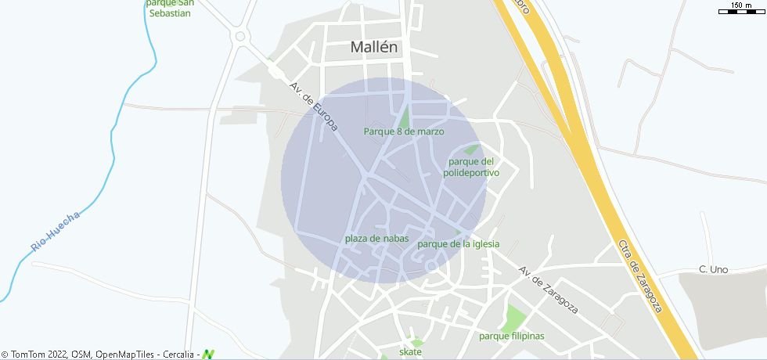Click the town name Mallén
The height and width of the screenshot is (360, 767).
tap(374, 47)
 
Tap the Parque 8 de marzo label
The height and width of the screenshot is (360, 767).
tap(404, 131)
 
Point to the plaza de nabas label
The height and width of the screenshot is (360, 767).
tap(376, 239)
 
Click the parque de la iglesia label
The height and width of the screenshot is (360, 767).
tap(459, 244)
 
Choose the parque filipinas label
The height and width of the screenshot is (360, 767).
tap(511, 337)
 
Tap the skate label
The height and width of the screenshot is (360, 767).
tap(410, 352)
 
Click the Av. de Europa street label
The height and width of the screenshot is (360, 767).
tap(313, 106)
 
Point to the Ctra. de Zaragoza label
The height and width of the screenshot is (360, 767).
tap(639, 275)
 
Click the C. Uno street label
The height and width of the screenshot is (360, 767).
tap(713, 270)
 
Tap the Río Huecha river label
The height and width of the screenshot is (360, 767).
tap(56, 232)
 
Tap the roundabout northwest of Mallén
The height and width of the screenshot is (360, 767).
tap(240, 36)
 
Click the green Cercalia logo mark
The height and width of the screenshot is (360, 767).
tap(208, 355)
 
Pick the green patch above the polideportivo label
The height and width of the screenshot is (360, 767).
tap(471, 150)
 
